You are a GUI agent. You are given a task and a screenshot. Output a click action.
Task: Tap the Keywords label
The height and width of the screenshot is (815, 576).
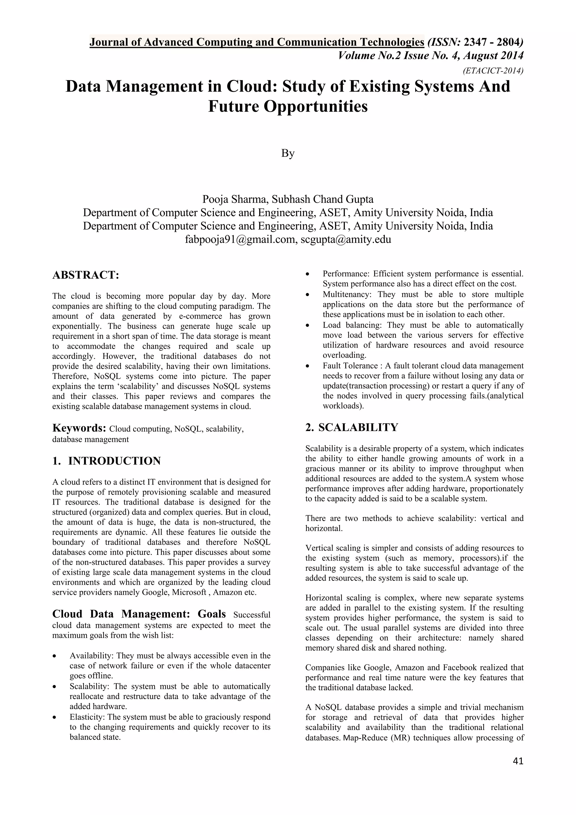79,428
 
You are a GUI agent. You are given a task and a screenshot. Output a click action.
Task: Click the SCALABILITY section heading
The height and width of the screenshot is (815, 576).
358,427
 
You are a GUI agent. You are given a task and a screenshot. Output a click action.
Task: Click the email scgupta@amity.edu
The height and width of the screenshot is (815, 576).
346,239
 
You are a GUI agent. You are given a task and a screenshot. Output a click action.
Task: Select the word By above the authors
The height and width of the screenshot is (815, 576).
288,153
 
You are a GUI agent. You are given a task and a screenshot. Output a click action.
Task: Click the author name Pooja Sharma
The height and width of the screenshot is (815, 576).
235,200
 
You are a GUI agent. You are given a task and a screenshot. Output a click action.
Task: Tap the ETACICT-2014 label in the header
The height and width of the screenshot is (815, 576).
493,71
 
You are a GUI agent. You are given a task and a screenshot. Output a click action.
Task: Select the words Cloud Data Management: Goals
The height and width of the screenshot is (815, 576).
139,614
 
